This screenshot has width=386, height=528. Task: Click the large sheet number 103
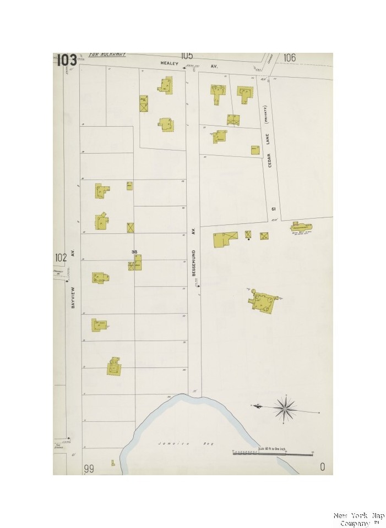point(66,60)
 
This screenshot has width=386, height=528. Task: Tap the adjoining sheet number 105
point(186,56)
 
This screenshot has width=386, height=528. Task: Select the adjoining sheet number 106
point(290,58)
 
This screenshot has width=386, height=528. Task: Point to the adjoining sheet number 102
point(61,257)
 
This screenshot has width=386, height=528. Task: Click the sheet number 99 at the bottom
point(89,468)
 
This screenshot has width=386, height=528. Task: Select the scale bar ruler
point(273,454)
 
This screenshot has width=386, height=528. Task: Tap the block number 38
point(134,252)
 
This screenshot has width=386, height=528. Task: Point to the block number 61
point(273,209)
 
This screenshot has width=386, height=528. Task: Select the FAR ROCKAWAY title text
point(107,54)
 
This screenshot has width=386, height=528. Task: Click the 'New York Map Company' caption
point(358,519)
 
